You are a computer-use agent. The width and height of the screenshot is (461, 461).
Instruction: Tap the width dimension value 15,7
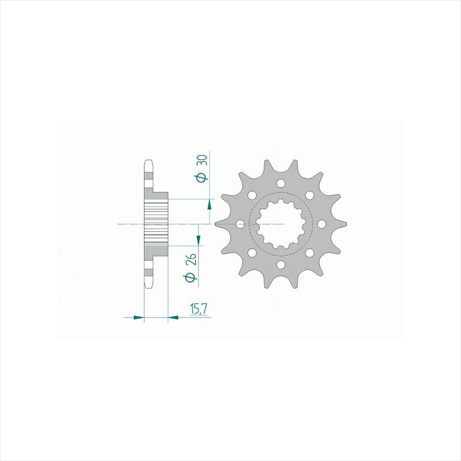199,309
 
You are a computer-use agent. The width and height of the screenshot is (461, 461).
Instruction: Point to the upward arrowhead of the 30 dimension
209,204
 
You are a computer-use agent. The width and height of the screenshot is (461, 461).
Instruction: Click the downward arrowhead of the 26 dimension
198,240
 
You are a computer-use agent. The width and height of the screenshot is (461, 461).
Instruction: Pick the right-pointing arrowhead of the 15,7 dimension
139,318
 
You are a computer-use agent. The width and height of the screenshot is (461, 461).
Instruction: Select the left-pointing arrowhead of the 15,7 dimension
173,318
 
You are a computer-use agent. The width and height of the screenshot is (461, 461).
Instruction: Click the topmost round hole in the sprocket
281,184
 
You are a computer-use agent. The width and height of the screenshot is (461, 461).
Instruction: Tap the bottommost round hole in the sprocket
281,265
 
